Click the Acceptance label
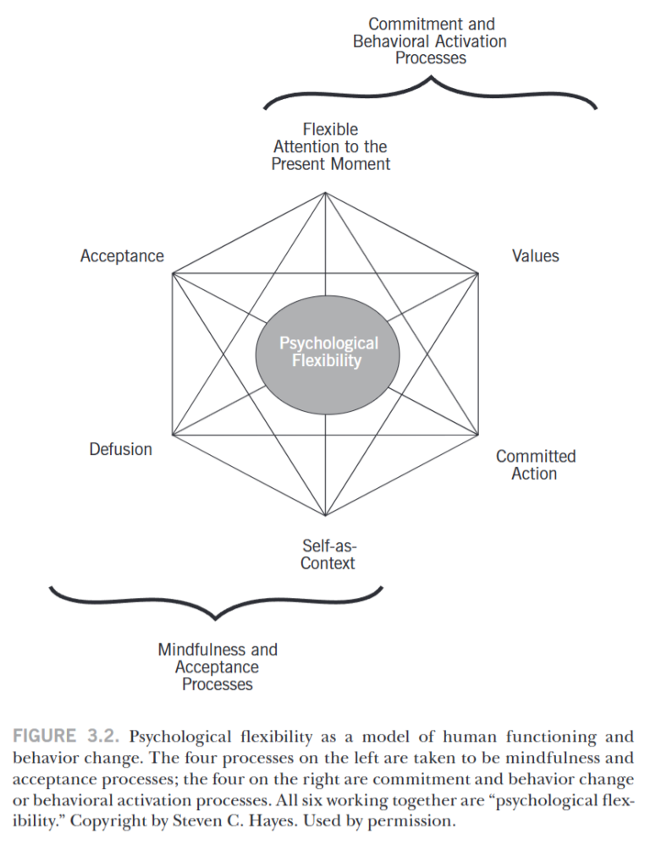tap(122, 256)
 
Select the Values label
tap(535, 255)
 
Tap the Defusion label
tap(121, 449)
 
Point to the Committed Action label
tap(535, 465)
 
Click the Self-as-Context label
tap(328, 554)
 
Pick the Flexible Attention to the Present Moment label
tap(330, 147)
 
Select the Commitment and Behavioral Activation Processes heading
tap(431, 41)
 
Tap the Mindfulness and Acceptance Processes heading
tap(218, 666)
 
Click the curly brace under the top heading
tap(431, 92)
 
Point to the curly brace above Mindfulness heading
tap(217, 600)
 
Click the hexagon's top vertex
tap(326, 193)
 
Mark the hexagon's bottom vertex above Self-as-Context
tap(326, 516)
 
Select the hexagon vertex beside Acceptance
tap(173, 273)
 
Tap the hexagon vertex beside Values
tap(479, 273)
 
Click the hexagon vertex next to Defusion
tap(173, 436)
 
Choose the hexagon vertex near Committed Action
tap(479, 436)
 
